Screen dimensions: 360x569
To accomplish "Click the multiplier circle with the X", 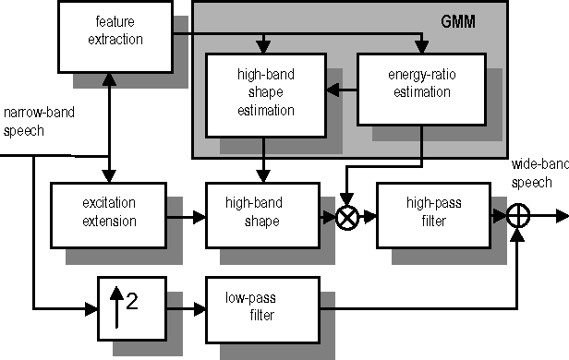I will [x=348, y=217].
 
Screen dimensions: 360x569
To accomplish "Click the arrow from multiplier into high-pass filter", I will [x=369, y=217].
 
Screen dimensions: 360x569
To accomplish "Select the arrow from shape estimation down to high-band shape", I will [x=264, y=160].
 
